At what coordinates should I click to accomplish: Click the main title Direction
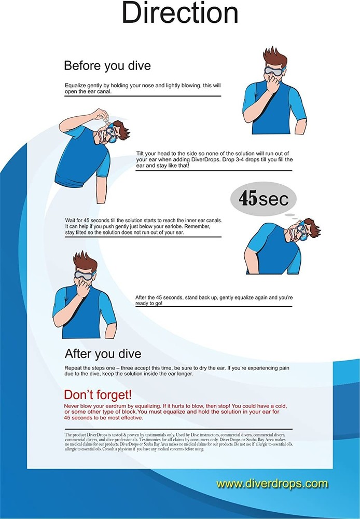coord(180,14)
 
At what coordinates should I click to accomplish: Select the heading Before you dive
coord(108,66)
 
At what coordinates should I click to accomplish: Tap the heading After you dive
coord(103,354)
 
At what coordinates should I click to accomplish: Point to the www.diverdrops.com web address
coord(272,484)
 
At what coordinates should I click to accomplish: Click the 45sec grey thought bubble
coord(263,199)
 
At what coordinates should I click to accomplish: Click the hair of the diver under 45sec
coord(310,226)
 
